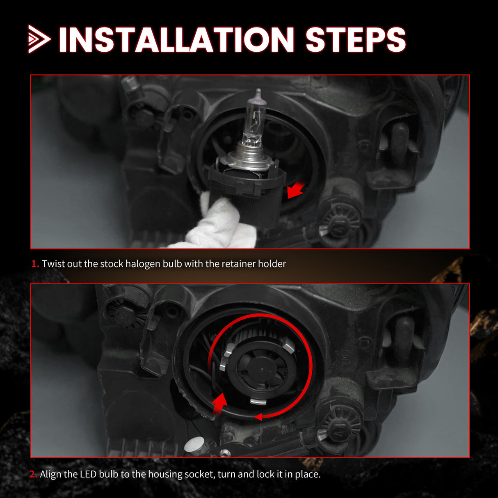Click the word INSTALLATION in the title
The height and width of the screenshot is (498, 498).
176,40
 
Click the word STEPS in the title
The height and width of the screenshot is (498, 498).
355,40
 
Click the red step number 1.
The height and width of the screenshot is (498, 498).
35,264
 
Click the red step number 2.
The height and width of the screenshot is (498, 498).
33,474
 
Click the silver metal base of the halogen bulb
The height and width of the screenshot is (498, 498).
246,158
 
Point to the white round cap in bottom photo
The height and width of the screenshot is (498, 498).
195,444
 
